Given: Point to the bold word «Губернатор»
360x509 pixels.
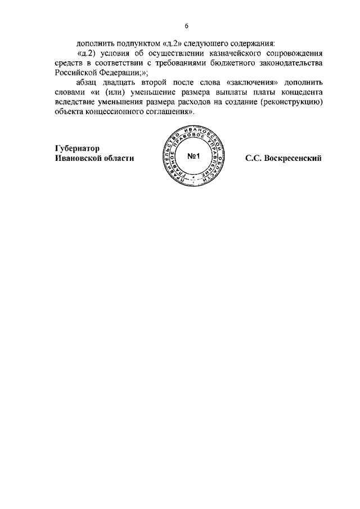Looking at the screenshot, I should (x=77, y=148).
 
